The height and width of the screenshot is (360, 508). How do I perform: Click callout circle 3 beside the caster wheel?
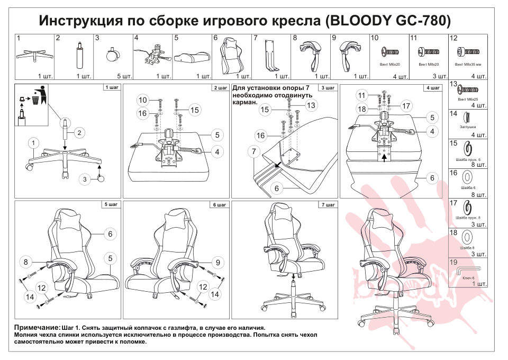tap(84, 179)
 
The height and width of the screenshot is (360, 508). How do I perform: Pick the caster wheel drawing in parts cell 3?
tap(112, 55)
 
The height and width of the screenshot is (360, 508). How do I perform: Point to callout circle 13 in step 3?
tap(311, 105)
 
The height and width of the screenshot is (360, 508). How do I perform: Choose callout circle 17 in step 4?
tap(406, 105)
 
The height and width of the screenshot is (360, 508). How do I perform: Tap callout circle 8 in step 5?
tap(25, 261)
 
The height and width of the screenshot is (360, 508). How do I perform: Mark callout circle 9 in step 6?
tap(217, 261)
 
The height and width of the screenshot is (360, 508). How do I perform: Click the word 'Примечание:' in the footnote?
tap(37, 328)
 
